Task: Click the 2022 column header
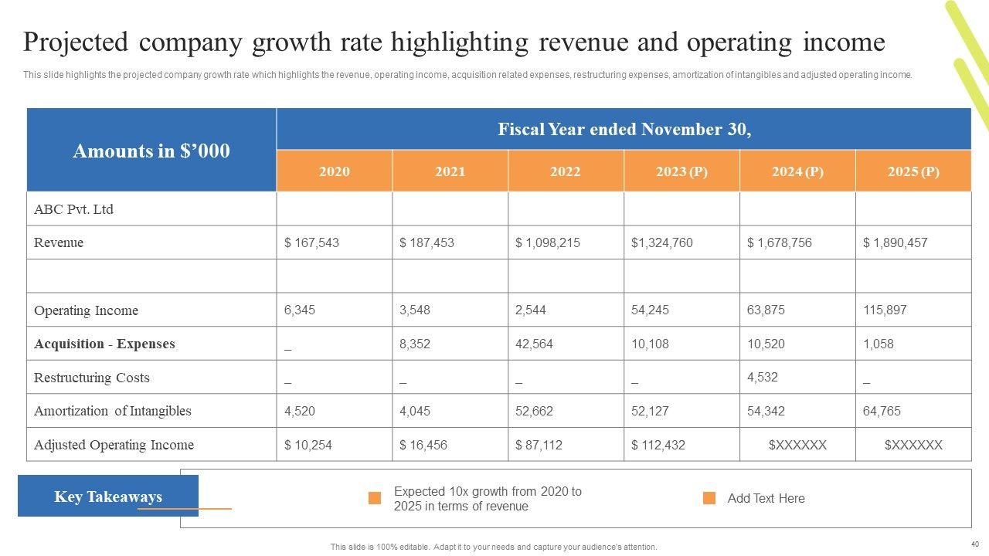point(565,171)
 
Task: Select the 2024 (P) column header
point(797,171)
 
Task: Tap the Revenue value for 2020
point(311,242)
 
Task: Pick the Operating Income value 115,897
point(885,310)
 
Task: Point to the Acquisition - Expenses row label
point(104,344)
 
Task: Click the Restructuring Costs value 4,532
point(762,377)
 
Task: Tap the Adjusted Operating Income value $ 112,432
point(658,445)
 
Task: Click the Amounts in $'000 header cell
point(151,151)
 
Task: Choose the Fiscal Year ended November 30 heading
point(624,129)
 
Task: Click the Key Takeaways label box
point(108,496)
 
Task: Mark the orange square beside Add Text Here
point(709,498)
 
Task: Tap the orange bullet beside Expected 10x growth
point(375,498)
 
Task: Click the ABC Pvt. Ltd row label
point(73,209)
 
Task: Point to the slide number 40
point(974,543)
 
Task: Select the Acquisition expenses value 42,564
point(534,344)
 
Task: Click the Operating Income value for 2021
point(415,310)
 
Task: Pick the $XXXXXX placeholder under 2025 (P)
point(913,445)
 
